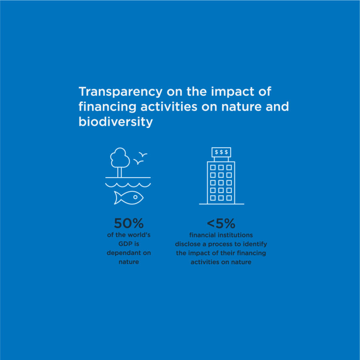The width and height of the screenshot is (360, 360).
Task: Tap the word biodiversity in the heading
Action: coord(116,122)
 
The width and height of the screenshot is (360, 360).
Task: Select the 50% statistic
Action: coord(128,223)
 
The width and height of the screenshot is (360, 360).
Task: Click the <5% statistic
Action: coord(221,223)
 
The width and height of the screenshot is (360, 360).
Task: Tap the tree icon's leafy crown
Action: coord(120,157)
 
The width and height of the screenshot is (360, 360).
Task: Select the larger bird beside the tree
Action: coord(138,162)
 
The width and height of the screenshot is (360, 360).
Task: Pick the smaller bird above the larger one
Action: coord(144,154)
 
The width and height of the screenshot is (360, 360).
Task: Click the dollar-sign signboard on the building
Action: coord(221,152)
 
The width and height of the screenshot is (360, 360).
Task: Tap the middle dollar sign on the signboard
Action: coord(221,152)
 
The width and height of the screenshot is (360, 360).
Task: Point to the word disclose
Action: coord(187,244)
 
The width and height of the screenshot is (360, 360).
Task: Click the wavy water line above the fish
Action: coord(128,185)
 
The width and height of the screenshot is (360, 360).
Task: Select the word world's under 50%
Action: coord(139,235)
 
